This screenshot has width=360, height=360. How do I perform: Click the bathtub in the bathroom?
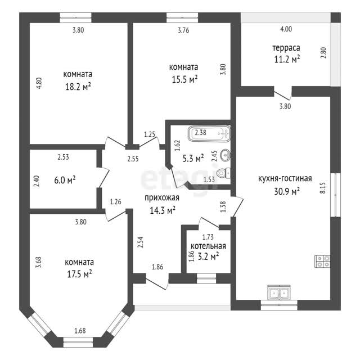coord(209,133)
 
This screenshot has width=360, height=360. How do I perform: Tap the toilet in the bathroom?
coord(224,173)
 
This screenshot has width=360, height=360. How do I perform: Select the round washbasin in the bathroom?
coord(225,155)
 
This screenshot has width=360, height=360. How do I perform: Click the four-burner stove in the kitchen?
coord(322,261)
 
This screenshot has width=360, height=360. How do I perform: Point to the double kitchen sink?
coord(279,292)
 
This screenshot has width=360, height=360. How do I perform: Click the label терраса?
coord(286,48)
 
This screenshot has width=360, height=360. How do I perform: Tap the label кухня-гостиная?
coord(285,178)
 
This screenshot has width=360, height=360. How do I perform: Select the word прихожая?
coord(162,198)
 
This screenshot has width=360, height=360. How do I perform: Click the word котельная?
coord(208,246)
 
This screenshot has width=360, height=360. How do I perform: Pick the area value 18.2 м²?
coord(78,87)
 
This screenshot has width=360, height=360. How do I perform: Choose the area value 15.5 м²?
coord(184,80)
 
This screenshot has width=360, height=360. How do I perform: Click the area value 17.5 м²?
coord(79,274)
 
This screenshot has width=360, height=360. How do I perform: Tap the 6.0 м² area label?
coord(65,180)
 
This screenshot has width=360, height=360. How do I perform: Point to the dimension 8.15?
coord(322,188)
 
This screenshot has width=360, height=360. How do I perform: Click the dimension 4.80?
coord(39,83)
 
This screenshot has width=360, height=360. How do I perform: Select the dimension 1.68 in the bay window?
coord(80,331)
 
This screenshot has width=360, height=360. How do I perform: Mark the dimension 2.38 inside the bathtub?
coord(201,133)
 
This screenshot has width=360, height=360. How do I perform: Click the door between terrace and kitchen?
coord(283,94)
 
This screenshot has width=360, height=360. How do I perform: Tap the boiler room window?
coord(206,278)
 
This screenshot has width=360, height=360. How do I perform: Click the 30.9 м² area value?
coord(287,191)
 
